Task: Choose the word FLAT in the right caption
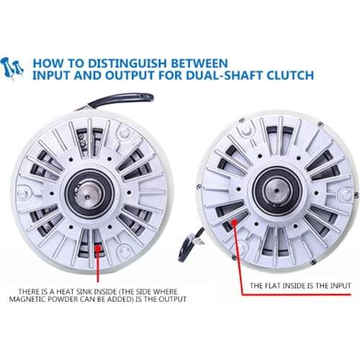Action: (x=267, y=286)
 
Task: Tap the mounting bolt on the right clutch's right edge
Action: (x=346, y=194)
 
